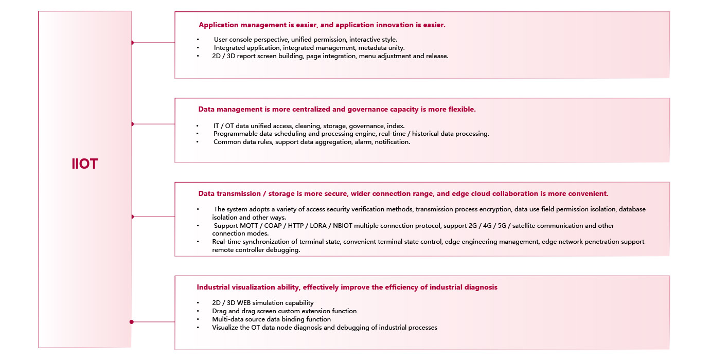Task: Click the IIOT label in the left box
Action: point(85,164)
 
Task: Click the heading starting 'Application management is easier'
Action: point(322,25)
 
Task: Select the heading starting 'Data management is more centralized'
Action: point(336,109)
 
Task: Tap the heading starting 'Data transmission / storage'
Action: point(403,193)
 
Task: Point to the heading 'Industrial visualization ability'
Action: point(347,287)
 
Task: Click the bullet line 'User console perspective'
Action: point(305,40)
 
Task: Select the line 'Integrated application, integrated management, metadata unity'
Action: point(309,48)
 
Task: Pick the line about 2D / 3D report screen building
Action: point(330,56)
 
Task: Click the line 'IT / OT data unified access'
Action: point(309,125)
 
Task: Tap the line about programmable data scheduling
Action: point(351,134)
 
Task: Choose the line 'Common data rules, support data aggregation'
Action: point(311,142)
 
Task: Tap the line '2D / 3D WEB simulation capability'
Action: point(262,303)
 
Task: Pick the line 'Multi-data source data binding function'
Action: point(271,319)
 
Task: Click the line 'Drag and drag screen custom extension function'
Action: point(284,311)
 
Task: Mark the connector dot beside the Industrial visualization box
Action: point(132,322)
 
